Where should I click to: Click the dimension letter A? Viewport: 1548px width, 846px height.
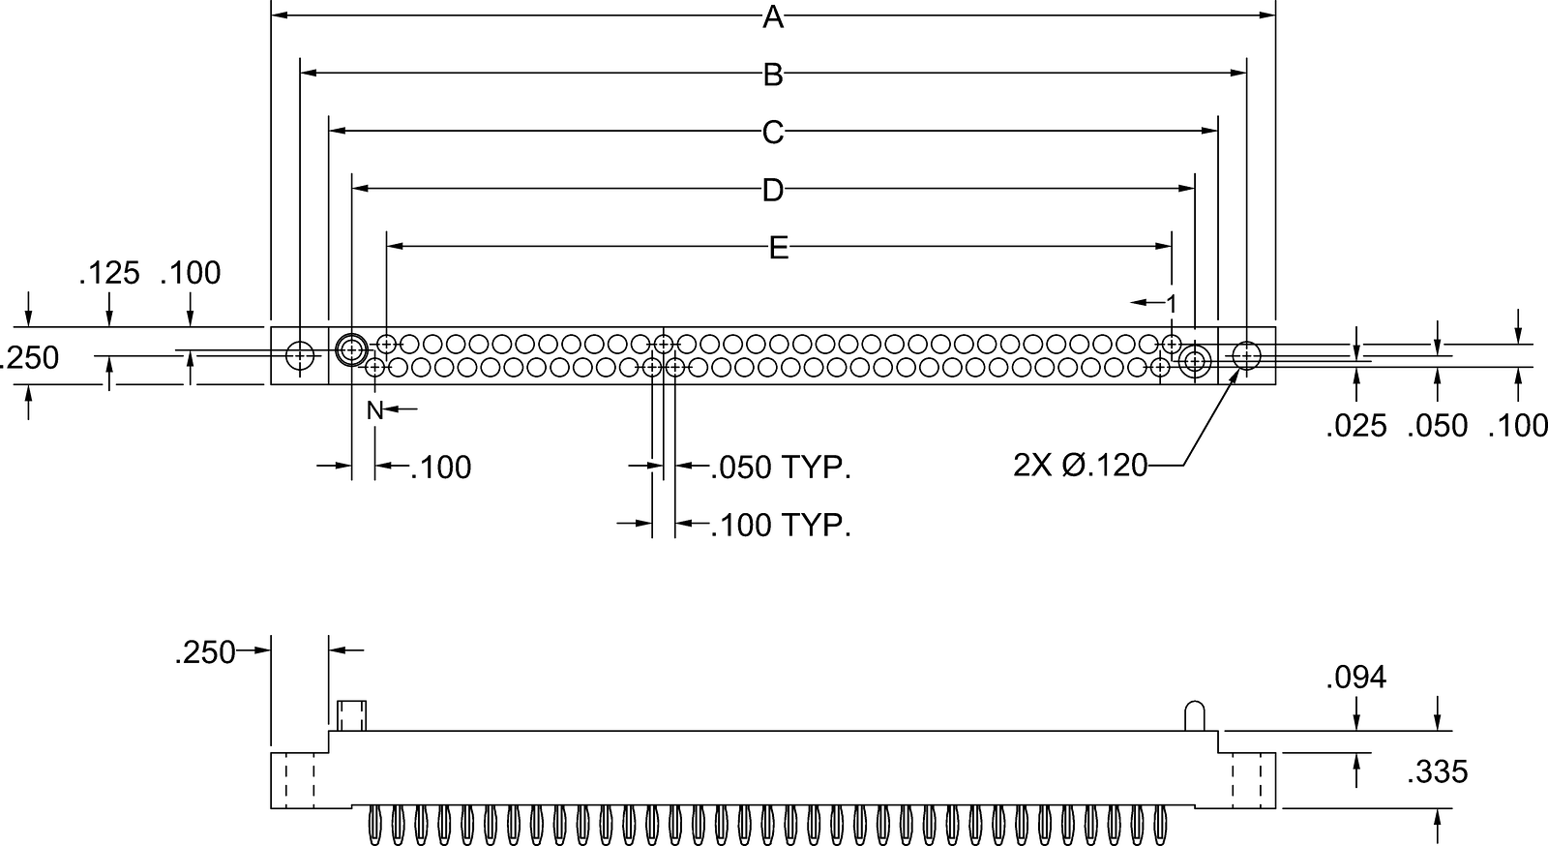772,16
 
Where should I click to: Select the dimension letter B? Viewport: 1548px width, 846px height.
772,75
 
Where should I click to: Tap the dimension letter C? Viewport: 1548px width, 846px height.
772,133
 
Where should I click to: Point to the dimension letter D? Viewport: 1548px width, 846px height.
772,191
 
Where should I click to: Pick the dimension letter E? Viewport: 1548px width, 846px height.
779,249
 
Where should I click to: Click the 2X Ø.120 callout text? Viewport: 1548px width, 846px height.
1080,467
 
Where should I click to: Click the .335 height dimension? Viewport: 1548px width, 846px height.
1437,772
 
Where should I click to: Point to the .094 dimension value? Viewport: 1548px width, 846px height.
1355,678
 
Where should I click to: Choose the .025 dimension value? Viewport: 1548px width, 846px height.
1355,426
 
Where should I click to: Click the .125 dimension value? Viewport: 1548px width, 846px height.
109,273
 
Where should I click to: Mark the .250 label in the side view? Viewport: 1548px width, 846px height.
205,653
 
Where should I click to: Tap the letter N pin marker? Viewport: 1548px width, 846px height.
374,410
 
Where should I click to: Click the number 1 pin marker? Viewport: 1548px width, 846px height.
1172,304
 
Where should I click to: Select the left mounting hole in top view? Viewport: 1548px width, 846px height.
301,356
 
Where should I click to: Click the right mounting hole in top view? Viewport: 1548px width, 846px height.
1246,356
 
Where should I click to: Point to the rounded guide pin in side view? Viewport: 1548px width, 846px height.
1196,715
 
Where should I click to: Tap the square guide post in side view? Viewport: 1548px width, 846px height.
351,715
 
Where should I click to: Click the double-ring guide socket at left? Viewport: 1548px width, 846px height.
350,349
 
